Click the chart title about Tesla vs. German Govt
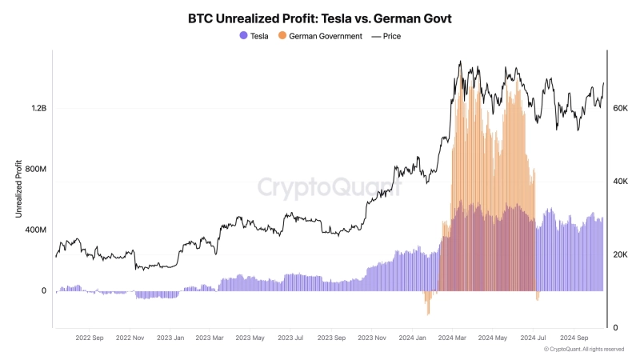pyautogui.click(x=319, y=17)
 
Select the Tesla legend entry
pyautogui.click(x=254, y=36)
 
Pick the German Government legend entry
pyautogui.click(x=319, y=36)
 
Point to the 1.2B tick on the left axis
pyautogui.click(x=37, y=109)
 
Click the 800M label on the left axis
pyautogui.click(x=34, y=170)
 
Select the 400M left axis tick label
pyautogui.click(x=34, y=230)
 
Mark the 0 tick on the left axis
pyautogui.click(x=43, y=291)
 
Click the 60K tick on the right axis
pyautogui.click(x=620, y=108)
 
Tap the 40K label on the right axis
pyautogui.click(x=620, y=182)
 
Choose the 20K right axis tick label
pyautogui.click(x=620, y=254)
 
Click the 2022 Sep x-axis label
pyautogui.click(x=89, y=338)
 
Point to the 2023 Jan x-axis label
pyautogui.click(x=170, y=338)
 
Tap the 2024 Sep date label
pyautogui.click(x=575, y=338)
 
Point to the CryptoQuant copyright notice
pyautogui.click(x=583, y=350)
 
